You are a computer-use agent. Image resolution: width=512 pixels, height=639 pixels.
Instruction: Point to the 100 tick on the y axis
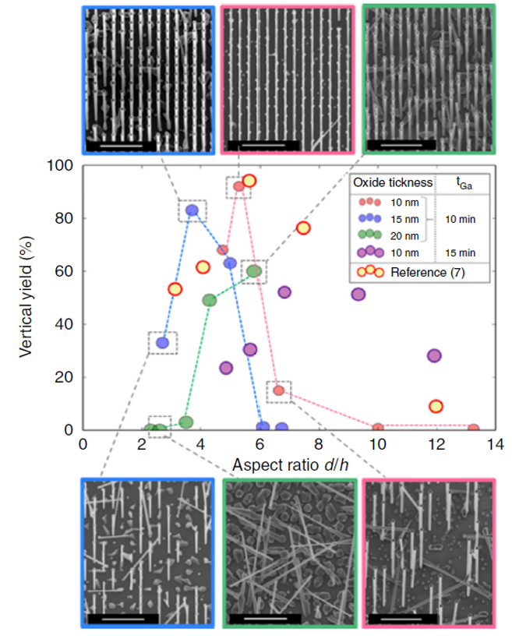[62, 165]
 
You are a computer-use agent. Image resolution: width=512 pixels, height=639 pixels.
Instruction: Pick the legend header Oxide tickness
[392, 182]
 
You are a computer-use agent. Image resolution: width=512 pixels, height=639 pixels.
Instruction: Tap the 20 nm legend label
[404, 235]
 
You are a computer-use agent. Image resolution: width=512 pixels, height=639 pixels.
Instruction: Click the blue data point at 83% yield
[192, 210]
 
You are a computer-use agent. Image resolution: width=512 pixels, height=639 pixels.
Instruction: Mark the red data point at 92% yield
[239, 185]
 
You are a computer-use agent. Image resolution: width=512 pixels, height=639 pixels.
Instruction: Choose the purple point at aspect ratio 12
[434, 355]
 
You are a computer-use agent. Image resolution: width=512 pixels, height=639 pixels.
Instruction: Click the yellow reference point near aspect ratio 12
[436, 406]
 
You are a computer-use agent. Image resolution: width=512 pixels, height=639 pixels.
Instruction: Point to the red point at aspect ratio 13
[473, 429]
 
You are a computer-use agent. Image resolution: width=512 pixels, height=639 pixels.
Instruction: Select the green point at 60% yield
[254, 271]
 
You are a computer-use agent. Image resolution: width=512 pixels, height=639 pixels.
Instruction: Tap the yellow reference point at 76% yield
[303, 228]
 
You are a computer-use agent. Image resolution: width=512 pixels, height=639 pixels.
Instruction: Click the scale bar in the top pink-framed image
[260, 145]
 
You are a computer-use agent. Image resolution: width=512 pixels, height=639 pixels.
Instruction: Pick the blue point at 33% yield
[162, 342]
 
